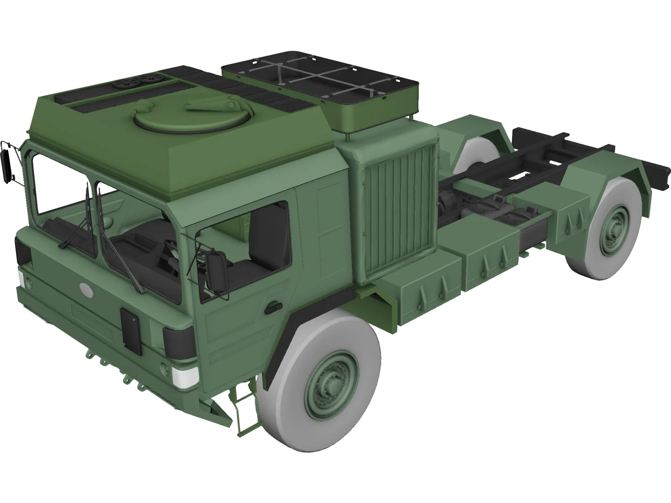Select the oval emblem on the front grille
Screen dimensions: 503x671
pyautogui.click(x=86, y=288)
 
